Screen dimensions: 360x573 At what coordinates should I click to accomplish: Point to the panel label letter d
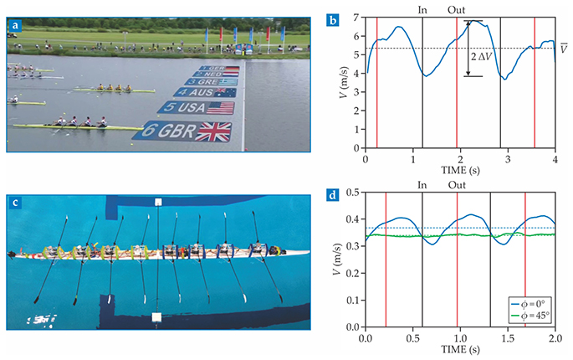pyautogui.click(x=332, y=198)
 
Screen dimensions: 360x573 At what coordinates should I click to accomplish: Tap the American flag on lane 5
pyautogui.click(x=219, y=108)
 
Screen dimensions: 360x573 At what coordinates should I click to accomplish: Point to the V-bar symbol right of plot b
pyautogui.click(x=565, y=48)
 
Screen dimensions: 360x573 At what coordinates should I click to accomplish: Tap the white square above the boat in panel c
pyautogui.click(x=157, y=203)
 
